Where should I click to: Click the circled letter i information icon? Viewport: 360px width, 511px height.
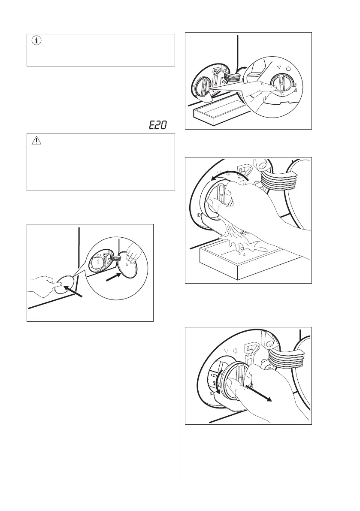click(36, 41)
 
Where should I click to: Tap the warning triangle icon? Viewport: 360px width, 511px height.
click(36, 141)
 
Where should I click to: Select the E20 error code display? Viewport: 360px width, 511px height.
click(157, 125)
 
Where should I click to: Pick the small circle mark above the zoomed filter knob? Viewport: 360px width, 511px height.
click(287, 69)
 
